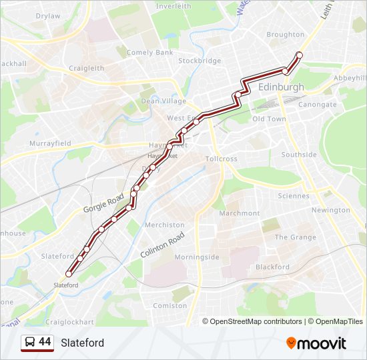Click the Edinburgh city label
tap(281, 87)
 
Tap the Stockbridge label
tap(200, 61)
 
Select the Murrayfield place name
tap(50, 143)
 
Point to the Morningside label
tap(197, 257)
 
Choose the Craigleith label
tap(86, 68)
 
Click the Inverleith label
tap(173, 6)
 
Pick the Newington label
tap(330, 210)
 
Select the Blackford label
tap(272, 267)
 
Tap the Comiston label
tap(170, 305)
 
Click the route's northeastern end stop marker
tap(299, 55)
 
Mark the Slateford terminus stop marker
tap(69, 273)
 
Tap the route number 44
tap(45, 342)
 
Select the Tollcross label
tap(222, 159)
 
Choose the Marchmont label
tap(240, 213)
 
